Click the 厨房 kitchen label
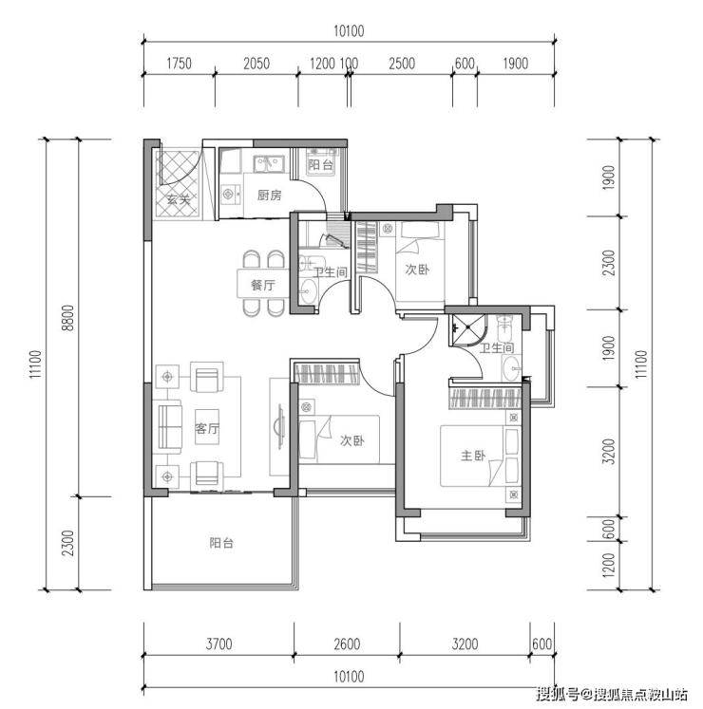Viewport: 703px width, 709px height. coord(270,196)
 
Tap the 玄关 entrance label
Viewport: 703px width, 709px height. coord(178,198)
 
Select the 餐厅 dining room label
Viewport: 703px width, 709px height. coord(263,285)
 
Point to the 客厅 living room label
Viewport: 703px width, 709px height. coord(207,428)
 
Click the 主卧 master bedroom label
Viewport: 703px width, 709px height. coord(473,456)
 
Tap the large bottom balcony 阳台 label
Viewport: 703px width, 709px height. coord(221,543)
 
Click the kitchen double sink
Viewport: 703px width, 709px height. coord(269,163)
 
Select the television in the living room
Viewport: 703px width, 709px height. coord(279,427)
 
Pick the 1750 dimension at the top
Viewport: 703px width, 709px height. coord(180,64)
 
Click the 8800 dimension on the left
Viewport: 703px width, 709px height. coord(67,317)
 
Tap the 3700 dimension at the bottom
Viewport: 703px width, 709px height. coord(219,644)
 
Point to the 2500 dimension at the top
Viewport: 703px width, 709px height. coord(402,64)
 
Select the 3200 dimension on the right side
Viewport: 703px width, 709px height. coord(610,451)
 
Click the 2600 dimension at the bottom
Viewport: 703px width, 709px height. coord(347,644)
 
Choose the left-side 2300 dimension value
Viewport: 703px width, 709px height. coord(67,543)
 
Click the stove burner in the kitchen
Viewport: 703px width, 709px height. coord(228,195)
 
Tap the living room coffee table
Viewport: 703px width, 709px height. coord(207,427)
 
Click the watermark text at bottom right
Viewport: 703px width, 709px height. coord(612,694)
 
